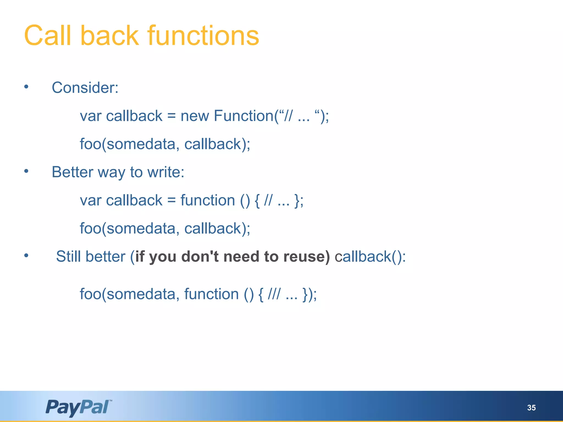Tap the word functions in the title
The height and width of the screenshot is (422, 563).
pyautogui.click(x=203, y=36)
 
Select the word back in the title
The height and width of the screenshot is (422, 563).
pyautogui.click(x=109, y=36)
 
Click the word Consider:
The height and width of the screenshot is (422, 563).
pyautogui.click(x=85, y=88)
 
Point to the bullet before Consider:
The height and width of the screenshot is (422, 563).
pyautogui.click(x=26, y=87)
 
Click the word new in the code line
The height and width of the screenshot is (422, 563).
pyautogui.click(x=195, y=116)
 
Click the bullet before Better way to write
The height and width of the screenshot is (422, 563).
pyautogui.click(x=26, y=171)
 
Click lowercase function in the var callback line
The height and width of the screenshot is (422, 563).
pyautogui.click(x=208, y=200)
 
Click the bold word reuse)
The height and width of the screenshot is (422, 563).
pyautogui.click(x=307, y=257)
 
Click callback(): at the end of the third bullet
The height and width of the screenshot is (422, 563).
pyautogui.click(x=370, y=257)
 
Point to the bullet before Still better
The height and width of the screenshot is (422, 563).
pyautogui.click(x=26, y=256)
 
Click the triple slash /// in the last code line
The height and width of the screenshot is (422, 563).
pyautogui.click(x=274, y=294)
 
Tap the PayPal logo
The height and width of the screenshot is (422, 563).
pyautogui.click(x=79, y=407)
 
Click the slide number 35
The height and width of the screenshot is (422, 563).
pyautogui.click(x=531, y=408)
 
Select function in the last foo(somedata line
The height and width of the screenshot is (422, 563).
pyautogui.click(x=211, y=294)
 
